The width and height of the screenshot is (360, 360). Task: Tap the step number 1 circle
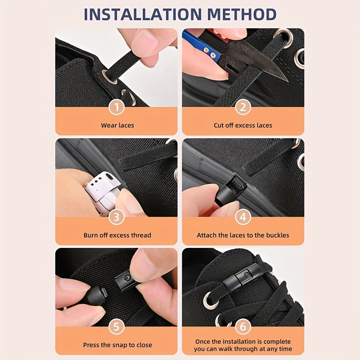point(117,107)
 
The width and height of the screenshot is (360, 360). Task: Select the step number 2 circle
point(243,107)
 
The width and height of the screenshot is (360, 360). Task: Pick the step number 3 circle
point(117,217)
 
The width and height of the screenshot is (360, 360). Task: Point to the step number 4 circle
point(243,217)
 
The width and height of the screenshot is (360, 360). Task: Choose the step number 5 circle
point(117,327)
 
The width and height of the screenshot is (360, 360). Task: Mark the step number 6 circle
point(243,327)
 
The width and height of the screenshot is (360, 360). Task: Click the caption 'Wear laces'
point(117,125)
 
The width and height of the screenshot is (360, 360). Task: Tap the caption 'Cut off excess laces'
point(243,125)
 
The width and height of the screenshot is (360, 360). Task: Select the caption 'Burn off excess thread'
point(117,235)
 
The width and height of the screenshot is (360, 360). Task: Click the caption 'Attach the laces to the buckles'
point(243,235)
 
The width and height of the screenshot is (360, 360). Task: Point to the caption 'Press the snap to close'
point(117,345)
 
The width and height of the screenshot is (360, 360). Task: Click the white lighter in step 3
point(101,193)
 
